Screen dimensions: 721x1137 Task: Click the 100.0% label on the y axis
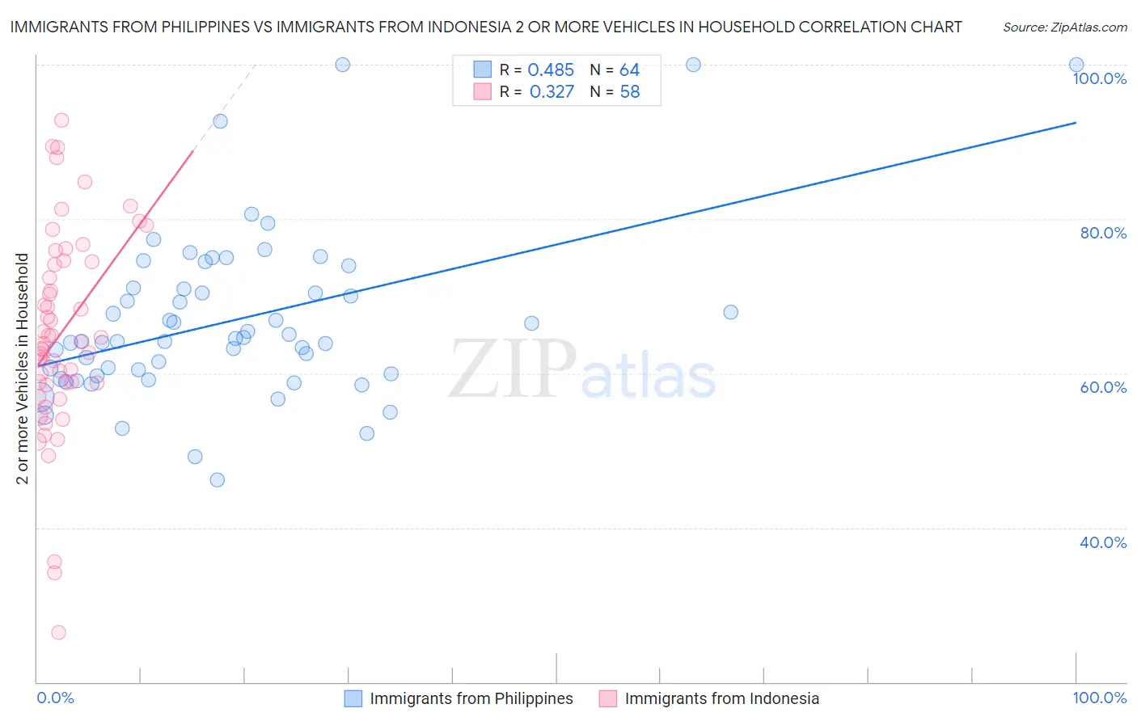pos(1099,78)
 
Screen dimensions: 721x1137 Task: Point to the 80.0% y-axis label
pos(1103,233)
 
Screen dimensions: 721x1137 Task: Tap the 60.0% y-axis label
pos(1103,387)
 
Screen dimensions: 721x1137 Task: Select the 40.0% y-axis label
pos(1103,542)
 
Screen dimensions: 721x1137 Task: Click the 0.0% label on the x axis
pos(55,698)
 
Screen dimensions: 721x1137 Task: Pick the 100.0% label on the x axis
pos(1099,698)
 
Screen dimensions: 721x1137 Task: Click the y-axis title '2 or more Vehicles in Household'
pos(22,369)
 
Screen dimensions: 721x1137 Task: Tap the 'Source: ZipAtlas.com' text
pos(1064,27)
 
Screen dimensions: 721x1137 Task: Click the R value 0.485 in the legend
pos(551,70)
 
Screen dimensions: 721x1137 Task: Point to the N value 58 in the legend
pos(629,92)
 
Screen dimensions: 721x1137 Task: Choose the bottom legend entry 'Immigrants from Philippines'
pos(471,698)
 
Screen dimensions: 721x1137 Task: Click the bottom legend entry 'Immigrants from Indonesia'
pos(721,698)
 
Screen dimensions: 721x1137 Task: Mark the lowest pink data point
pos(58,632)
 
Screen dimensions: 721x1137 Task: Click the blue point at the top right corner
pos(1076,65)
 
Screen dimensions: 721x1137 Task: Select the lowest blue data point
pos(217,480)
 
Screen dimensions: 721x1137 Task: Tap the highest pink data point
pos(61,120)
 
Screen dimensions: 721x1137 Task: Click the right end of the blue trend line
pos(1076,123)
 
